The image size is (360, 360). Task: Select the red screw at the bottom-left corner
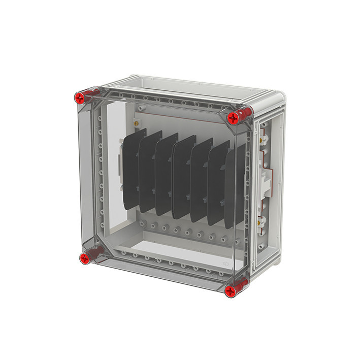pos(84,259)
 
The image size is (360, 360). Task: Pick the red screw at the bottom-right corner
pos(232,291)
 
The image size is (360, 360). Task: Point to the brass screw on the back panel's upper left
pos(136,122)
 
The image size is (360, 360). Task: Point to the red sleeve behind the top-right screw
pos(245,113)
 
